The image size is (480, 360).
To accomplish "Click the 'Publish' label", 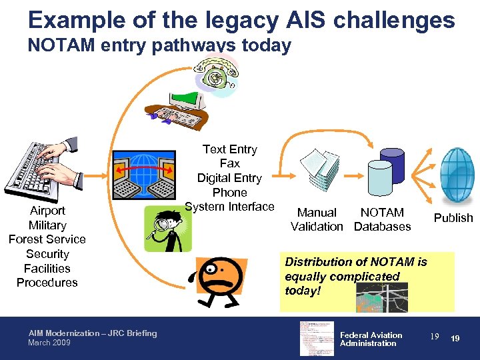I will coord(453,218).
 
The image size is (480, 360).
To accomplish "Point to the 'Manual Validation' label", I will coord(317,219).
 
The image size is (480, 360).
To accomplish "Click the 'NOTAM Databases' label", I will coord(382,219).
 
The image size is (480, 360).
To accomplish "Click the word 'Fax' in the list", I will coord(229,163).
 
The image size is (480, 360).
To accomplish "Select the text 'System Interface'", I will coord(229,207).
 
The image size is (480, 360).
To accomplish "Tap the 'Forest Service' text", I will coord(47,239).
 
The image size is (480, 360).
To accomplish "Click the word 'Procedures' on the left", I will coord(47,283).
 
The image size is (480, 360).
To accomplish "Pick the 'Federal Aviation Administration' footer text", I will coord(371,339).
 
